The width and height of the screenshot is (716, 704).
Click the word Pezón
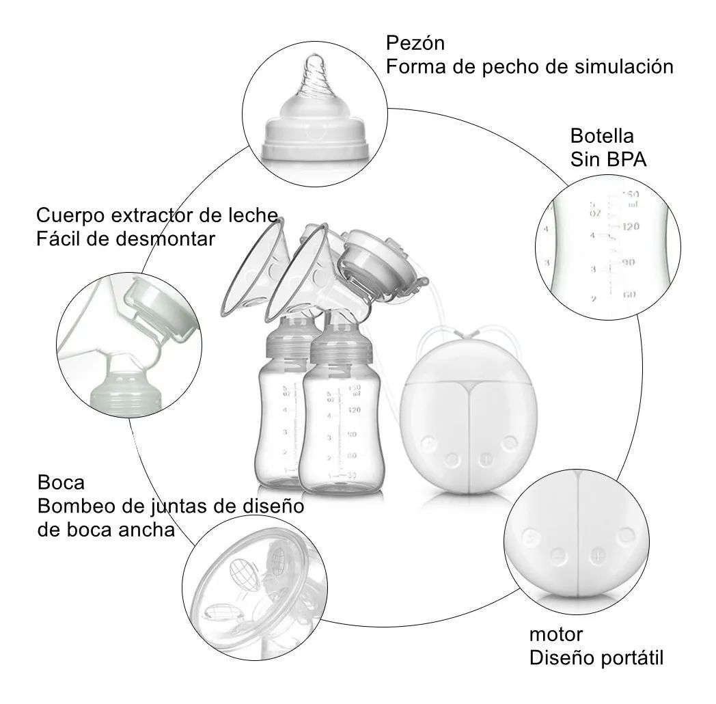pos(415,44)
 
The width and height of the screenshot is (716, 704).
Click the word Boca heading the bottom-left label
pos(61,483)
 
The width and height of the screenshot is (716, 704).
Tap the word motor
pos(556,634)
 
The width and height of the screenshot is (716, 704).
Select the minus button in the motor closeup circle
pos(557,555)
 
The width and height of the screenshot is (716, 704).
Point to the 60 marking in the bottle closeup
pos(630,295)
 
